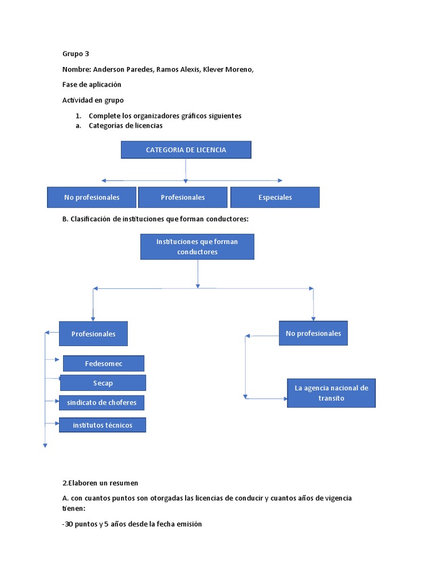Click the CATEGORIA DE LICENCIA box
(186, 150)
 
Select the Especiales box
(275, 197)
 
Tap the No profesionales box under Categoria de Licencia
(91, 197)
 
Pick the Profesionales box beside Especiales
(183, 197)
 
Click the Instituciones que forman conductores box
(197, 247)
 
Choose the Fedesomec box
(103, 363)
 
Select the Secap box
(103, 383)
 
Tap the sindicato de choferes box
(102, 403)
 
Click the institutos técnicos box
(102, 425)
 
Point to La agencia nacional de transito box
(331, 393)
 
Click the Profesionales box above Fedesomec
(93, 334)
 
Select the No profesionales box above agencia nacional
(313, 334)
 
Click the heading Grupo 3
(76, 54)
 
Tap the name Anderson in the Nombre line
(108, 69)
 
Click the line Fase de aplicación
(91, 85)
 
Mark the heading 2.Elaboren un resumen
(100, 483)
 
